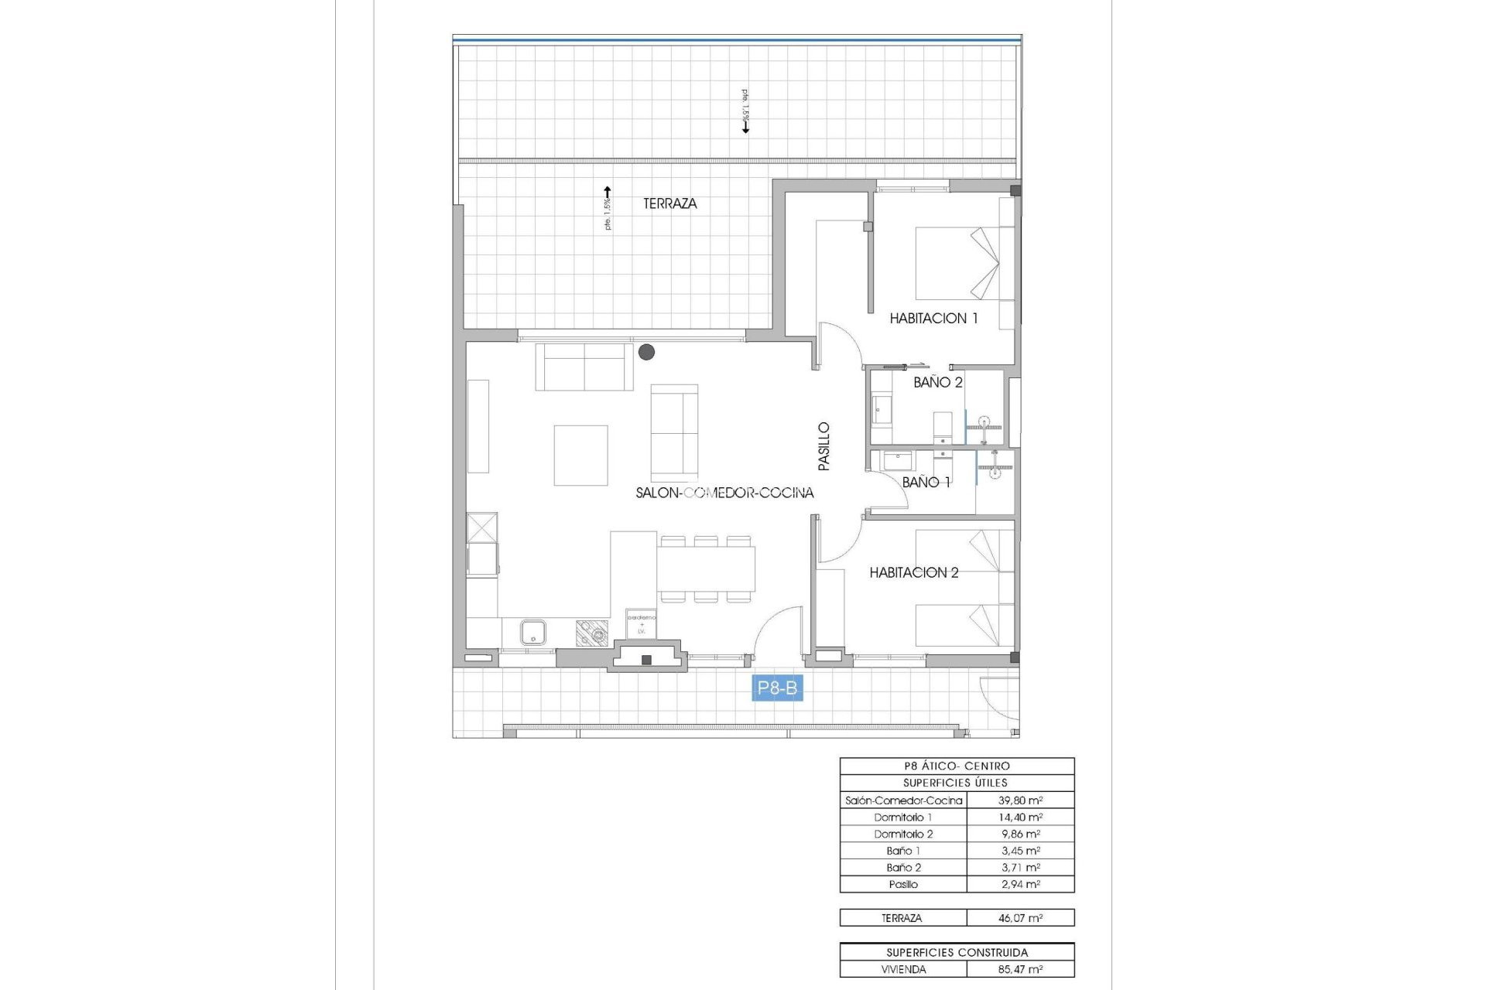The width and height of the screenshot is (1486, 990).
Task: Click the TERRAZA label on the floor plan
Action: (669, 203)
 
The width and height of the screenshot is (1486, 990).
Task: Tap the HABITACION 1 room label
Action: (933, 318)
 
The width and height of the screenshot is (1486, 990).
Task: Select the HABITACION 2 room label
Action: (913, 572)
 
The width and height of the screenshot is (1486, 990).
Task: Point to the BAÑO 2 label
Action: (937, 382)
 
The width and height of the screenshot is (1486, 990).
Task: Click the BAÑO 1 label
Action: (926, 482)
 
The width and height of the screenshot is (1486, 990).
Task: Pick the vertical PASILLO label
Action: (824, 446)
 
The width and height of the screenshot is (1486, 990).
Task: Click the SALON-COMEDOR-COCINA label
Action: (724, 493)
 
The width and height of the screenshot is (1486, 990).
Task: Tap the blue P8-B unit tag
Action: (777, 688)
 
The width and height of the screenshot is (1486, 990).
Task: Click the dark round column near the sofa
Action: (646, 353)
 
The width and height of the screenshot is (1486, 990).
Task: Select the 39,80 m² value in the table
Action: (1020, 801)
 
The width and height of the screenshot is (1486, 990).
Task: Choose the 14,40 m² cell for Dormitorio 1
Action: (1020, 818)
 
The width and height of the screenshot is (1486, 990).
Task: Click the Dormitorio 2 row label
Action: (903, 834)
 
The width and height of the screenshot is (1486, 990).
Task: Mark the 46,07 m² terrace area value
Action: (1020, 918)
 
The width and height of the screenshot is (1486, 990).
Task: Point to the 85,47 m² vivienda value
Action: (1020, 969)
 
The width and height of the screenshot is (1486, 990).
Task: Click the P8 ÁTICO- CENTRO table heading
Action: (957, 766)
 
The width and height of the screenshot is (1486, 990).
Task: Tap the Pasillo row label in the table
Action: (903, 884)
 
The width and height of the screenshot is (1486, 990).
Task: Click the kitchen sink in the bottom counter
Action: (532, 633)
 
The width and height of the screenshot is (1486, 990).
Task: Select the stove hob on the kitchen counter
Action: (592, 633)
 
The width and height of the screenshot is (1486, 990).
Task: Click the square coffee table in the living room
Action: (580, 456)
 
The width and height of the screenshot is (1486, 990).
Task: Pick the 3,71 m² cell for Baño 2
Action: (1020, 868)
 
